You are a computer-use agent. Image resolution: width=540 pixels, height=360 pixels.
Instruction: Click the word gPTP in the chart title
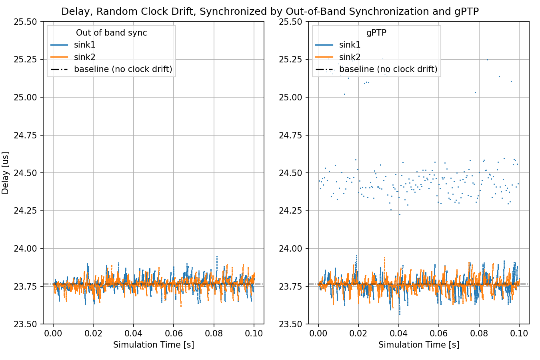pyautogui.click(x=466, y=12)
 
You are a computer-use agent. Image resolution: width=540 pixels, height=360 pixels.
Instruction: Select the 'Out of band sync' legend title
pyautogui.click(x=111, y=33)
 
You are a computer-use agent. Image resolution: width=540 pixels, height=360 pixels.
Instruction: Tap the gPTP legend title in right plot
pyautogui.click(x=376, y=33)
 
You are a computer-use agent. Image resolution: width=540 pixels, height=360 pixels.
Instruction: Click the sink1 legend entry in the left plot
pyautogui.click(x=84, y=45)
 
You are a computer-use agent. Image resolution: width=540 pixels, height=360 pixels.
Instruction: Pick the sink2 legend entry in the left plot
pyautogui.click(x=84, y=57)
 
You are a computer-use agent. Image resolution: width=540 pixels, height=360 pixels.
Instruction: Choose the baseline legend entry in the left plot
pyautogui.click(x=123, y=69)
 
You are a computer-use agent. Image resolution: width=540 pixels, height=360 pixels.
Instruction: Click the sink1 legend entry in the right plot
pyautogui.click(x=350, y=45)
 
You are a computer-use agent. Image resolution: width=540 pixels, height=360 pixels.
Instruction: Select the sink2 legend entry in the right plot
pyautogui.click(x=350, y=57)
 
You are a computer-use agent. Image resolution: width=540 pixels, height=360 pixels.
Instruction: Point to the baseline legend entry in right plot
pyautogui.click(x=388, y=69)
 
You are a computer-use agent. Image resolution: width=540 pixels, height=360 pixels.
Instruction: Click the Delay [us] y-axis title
pyautogui.click(x=5, y=173)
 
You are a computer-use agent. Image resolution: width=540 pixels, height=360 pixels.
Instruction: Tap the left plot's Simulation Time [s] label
pyautogui.click(x=153, y=345)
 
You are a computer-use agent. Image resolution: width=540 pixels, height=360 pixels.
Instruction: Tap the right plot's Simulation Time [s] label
pyautogui.click(x=418, y=345)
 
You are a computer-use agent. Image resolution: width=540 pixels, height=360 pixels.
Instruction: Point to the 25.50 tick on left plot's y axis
pyautogui.click(x=25, y=22)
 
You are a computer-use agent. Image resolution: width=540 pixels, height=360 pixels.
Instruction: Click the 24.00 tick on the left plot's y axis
pyautogui.click(x=25, y=248)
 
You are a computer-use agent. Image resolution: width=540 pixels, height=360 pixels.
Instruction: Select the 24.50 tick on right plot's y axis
pyautogui.click(x=290, y=173)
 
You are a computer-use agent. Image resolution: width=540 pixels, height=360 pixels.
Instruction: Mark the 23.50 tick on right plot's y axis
pyautogui.click(x=290, y=324)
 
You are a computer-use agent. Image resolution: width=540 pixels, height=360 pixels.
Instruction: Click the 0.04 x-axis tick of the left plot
pyautogui.click(x=133, y=333)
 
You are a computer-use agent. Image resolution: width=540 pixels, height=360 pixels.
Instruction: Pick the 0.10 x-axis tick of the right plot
pyautogui.click(x=519, y=333)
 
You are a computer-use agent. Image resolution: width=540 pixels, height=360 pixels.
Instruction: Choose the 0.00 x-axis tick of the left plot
pyautogui.click(x=53, y=333)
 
